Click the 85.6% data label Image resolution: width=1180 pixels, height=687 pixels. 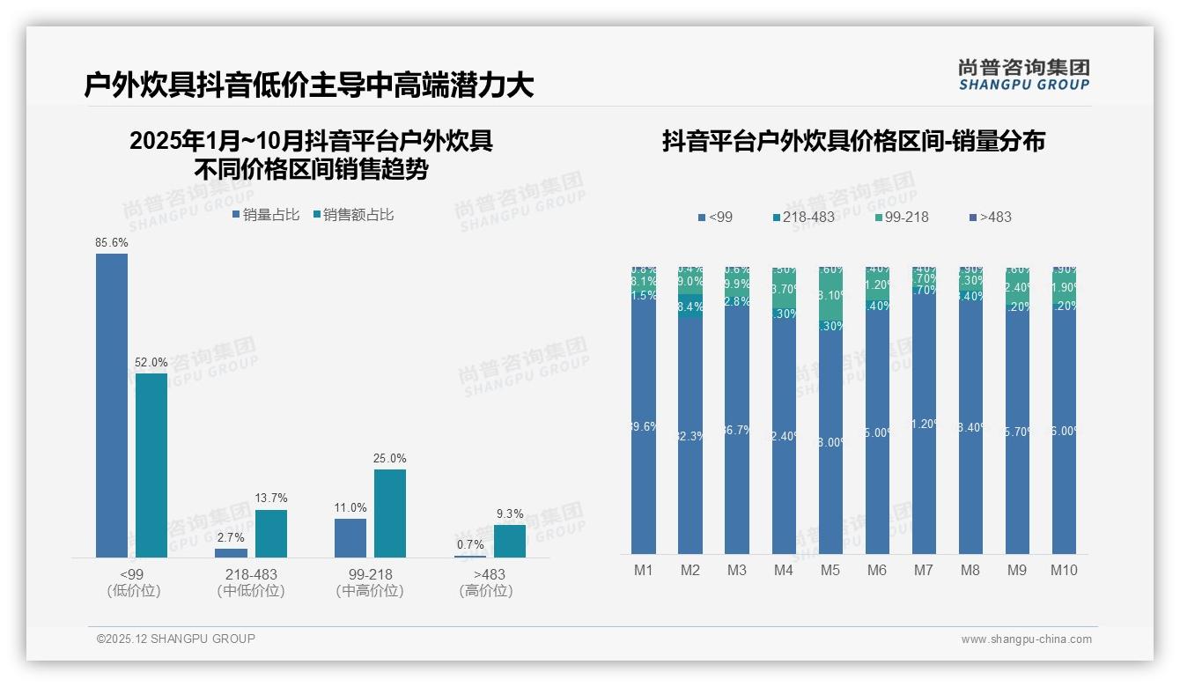[112, 242]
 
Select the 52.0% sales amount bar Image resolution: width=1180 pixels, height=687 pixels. [151, 465]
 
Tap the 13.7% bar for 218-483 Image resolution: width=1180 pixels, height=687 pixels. [271, 534]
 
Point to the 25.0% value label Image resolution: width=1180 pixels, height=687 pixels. [390, 458]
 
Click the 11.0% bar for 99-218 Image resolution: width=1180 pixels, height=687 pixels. [350, 537]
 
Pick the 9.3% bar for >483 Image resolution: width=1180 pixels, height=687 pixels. [509, 541]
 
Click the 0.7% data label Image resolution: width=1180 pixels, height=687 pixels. [470, 544]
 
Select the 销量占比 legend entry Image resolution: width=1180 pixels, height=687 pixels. [266, 214]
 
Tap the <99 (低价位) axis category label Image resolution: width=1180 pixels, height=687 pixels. [134, 582]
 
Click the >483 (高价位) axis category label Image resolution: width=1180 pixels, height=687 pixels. [486, 582]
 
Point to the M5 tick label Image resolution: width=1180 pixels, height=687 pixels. [830, 570]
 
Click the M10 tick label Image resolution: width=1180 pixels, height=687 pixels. [1064, 570]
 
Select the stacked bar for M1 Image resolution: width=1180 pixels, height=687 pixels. [644, 410]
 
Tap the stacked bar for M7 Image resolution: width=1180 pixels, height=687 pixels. [924, 410]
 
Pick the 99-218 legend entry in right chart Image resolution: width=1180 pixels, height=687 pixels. [904, 217]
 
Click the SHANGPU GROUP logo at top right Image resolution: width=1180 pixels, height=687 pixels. [1023, 74]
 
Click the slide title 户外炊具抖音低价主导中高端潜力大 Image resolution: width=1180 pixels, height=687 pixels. [309, 85]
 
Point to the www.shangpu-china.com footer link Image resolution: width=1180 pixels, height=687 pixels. [1026, 639]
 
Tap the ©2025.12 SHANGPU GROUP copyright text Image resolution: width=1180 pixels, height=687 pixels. [176, 639]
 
